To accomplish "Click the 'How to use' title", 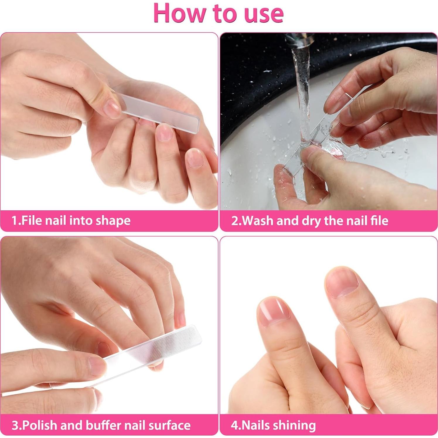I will click(219, 13).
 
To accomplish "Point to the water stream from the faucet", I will click(302, 97).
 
